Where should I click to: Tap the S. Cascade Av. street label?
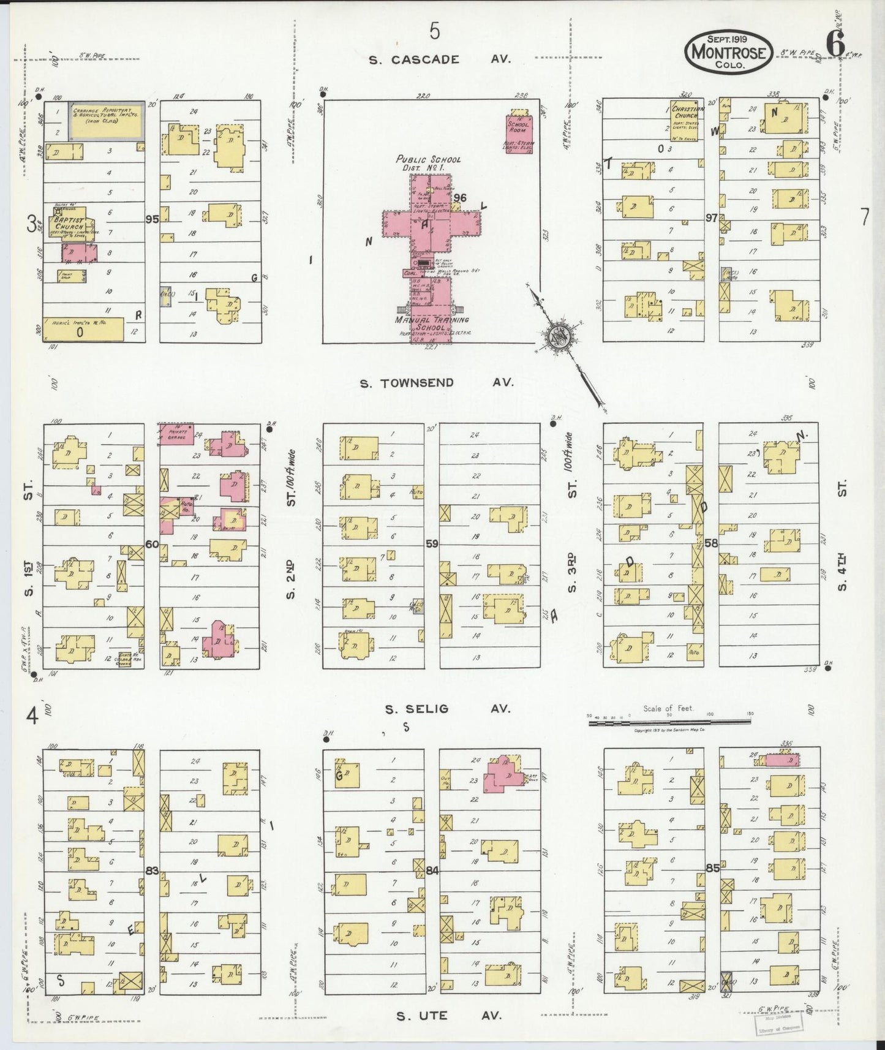(x=439, y=59)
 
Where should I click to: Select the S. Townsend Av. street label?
(x=436, y=383)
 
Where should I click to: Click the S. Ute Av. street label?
(x=448, y=1016)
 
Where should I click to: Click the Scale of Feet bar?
(x=671, y=723)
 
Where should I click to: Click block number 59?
(x=432, y=543)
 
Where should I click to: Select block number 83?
(x=152, y=871)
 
